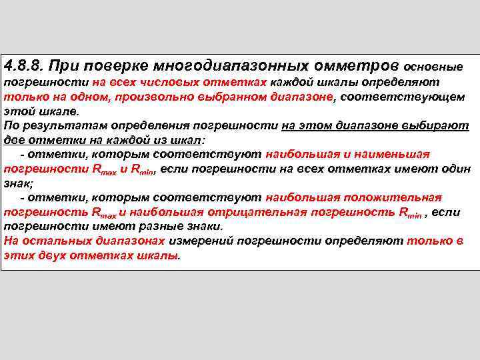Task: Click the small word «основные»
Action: click(433, 67)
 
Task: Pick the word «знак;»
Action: click(18, 183)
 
